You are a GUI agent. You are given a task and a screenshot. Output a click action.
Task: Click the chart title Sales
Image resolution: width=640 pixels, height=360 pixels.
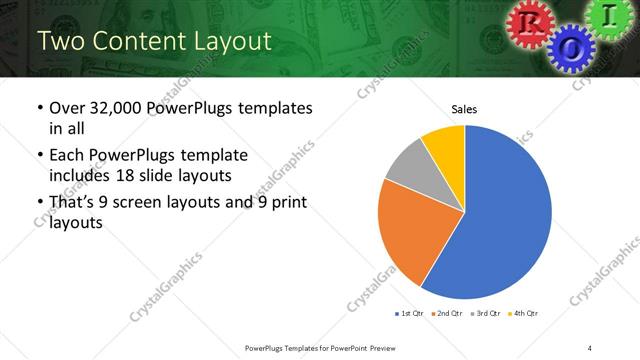tap(463, 108)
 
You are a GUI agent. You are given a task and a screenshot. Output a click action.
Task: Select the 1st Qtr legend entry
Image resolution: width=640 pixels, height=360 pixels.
tap(410, 314)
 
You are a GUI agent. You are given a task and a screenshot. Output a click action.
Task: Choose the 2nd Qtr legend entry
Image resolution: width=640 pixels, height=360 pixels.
tap(447, 314)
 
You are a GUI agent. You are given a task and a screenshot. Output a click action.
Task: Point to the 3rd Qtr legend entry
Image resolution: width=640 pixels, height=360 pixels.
tap(484, 314)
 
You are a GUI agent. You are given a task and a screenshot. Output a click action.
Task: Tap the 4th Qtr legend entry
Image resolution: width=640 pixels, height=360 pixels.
tap(523, 314)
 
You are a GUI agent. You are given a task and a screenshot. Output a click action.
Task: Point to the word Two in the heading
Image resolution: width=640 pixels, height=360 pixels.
tap(58, 41)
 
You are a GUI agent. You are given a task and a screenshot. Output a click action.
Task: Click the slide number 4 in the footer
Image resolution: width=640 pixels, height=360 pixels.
tap(590, 347)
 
